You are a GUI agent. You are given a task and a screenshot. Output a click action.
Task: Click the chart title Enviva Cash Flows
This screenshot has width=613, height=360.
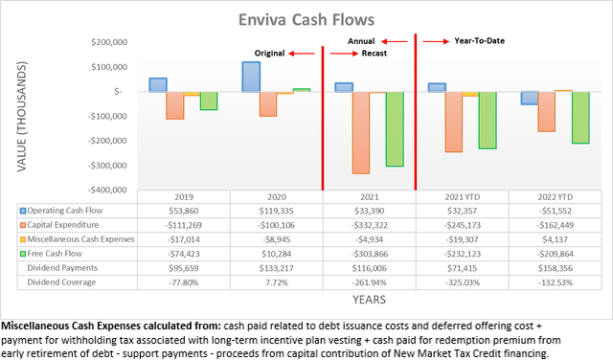point(306,19)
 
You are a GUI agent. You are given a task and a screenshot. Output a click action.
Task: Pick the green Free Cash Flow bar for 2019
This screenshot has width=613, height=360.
point(208,101)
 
